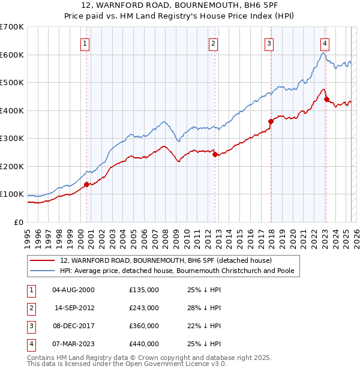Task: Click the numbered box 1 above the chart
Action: (85, 43)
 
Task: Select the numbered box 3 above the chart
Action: (269, 43)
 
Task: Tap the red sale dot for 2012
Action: (215, 154)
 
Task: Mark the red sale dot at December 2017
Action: (271, 121)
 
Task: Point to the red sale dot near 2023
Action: (326, 99)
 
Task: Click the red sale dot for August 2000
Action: (86, 184)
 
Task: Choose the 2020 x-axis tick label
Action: (293, 233)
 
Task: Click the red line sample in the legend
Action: (43, 261)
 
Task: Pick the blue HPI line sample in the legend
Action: (43, 271)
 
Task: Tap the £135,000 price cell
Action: (144, 290)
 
